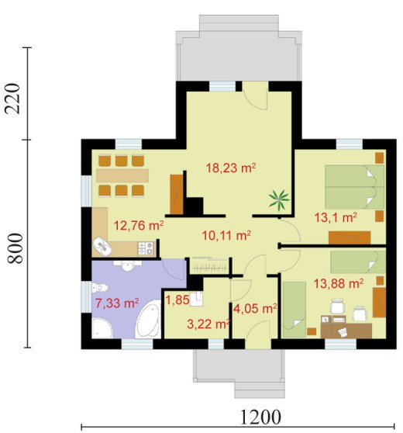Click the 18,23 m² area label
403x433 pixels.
click(x=231, y=168)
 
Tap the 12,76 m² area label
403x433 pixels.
click(x=139, y=225)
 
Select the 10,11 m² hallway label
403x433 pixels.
click(x=226, y=236)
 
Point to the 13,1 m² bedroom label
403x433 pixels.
click(x=336, y=217)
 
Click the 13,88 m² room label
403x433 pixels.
click(x=339, y=283)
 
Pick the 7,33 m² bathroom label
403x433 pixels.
click(x=117, y=303)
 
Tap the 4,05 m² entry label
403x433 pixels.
click(x=255, y=309)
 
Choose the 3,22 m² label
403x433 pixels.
click(x=208, y=324)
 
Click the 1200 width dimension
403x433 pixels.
click(x=261, y=417)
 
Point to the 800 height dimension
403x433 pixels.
click(x=15, y=248)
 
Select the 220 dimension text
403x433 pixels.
click(x=12, y=99)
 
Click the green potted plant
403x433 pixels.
click(x=280, y=200)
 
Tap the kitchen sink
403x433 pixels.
click(x=102, y=247)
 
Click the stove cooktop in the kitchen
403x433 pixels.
click(x=146, y=248)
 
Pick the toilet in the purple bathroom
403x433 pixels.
click(x=99, y=288)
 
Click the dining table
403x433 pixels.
click(x=122, y=175)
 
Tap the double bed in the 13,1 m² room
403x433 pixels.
click(x=355, y=187)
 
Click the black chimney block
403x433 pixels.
click(x=194, y=206)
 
